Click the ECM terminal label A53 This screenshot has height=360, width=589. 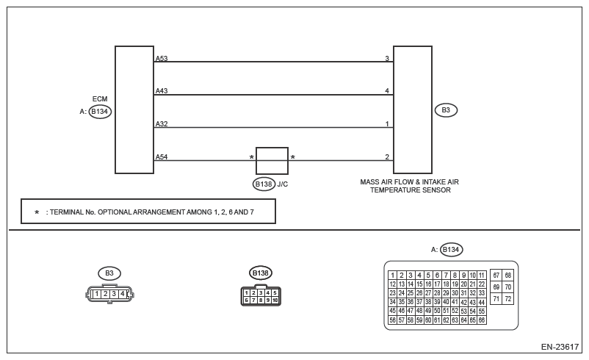(x=162, y=58)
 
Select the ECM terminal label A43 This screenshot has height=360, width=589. (x=162, y=91)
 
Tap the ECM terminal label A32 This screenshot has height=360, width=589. (x=162, y=124)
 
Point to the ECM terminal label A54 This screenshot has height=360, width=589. (x=162, y=157)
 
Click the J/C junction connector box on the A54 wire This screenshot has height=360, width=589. (x=272, y=160)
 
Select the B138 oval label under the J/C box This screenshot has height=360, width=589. (x=264, y=184)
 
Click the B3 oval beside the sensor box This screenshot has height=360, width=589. (x=446, y=110)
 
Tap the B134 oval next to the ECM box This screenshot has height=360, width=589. (x=100, y=112)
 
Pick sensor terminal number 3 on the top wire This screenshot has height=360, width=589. (x=387, y=58)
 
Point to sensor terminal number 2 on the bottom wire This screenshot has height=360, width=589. (x=387, y=157)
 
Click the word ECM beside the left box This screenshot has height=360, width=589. (x=100, y=98)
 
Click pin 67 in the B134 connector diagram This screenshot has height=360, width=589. (x=496, y=275)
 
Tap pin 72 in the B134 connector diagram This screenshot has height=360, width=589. (x=508, y=299)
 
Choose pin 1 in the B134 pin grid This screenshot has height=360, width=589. (x=393, y=276)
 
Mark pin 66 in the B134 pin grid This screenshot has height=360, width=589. (x=482, y=320)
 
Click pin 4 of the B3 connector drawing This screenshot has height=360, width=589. (x=123, y=294)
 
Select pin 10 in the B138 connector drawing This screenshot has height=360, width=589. (x=275, y=300)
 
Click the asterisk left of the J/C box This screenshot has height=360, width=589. (x=252, y=157)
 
